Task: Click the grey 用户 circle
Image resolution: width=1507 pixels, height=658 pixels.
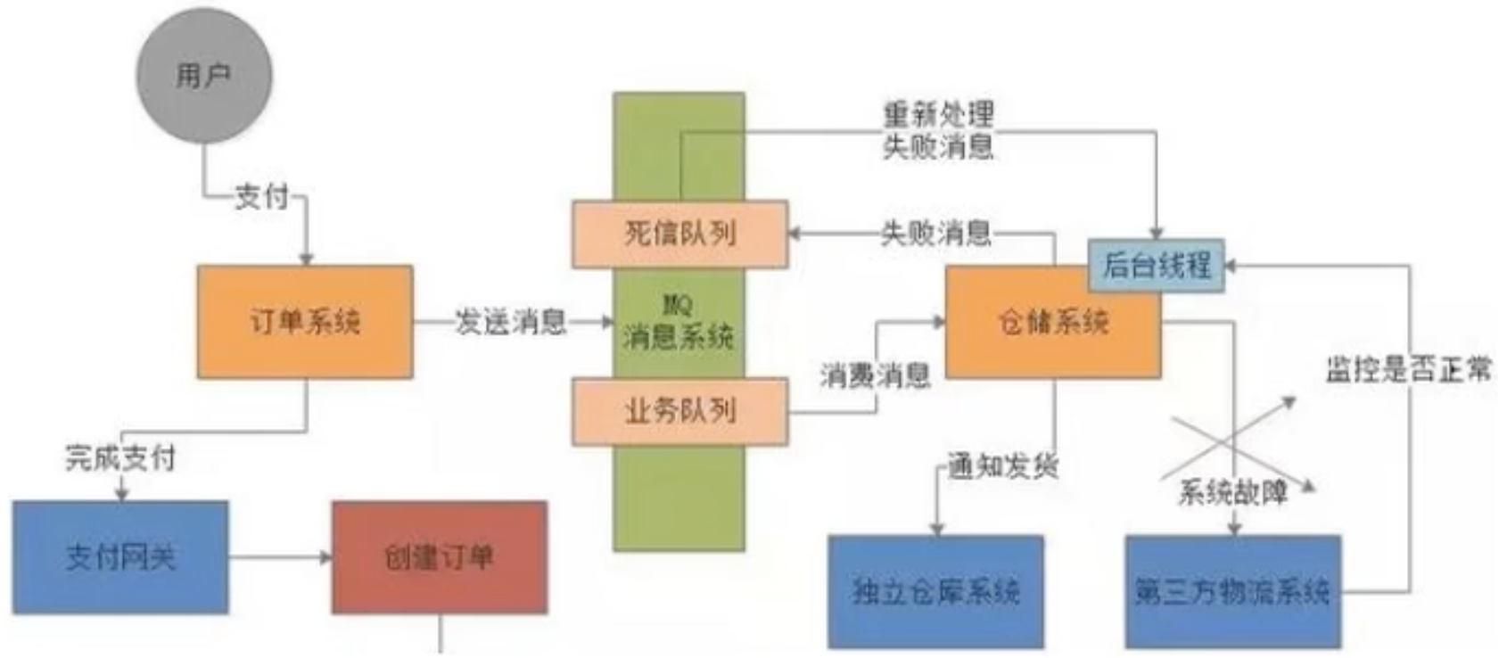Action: point(203,76)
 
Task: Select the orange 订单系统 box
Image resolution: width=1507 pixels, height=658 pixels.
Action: point(305,322)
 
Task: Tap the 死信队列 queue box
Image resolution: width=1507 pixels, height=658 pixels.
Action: point(679,234)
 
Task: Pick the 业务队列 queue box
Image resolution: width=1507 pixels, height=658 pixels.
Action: point(679,411)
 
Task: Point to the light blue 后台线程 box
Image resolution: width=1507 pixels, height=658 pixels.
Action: point(1156,265)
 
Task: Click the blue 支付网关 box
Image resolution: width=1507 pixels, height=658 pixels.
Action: point(120,557)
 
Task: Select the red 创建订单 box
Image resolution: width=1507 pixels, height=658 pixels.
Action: point(439,557)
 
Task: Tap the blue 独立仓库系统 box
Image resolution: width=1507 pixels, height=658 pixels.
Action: point(935,591)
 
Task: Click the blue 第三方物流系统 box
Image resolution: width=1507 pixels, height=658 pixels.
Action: point(1232,591)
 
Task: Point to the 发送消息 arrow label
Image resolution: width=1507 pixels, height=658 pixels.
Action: point(510,322)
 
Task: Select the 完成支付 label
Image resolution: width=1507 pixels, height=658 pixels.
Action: point(120,457)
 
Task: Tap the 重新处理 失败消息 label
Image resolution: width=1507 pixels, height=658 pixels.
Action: point(937,130)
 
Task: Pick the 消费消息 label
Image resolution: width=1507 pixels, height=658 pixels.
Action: point(875,375)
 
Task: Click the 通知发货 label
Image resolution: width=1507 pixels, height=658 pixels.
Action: point(1002,465)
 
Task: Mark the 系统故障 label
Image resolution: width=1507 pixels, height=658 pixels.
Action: point(1232,492)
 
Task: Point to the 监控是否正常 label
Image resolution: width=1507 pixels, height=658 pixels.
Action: point(1408,368)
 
